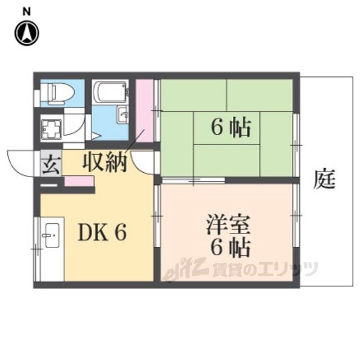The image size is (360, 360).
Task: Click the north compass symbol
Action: click(27, 33)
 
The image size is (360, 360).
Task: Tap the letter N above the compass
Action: click(27, 11)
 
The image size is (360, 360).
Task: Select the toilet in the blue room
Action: click(61, 92)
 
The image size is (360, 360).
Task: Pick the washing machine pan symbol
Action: click(51, 129)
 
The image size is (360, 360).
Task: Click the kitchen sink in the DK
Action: click(52, 235)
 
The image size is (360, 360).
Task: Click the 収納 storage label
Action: click(105, 162)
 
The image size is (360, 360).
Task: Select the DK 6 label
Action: click(102, 232)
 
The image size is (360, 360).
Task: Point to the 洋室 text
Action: click(228, 224)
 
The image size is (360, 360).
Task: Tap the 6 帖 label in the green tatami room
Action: click(231, 127)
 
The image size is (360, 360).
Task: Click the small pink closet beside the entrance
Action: click(79, 181)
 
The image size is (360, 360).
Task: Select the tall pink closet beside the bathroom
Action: click(145, 110)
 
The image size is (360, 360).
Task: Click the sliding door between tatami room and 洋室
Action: click(193, 181)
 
